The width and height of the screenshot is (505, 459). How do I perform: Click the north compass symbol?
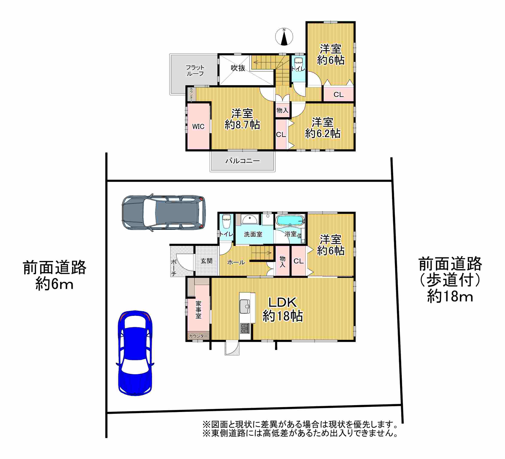coord(284,36)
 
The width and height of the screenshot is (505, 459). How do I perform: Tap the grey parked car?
coord(164,213)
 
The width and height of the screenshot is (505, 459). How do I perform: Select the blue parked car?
coord(135,353)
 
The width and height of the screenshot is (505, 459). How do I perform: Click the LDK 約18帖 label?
coord(283,309)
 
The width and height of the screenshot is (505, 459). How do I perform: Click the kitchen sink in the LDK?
coord(245,306)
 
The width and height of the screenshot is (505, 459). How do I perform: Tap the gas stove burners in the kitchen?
coord(245,328)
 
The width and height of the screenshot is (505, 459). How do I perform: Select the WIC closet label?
coord(198,127)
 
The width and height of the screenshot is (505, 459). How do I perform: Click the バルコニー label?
coord(243,161)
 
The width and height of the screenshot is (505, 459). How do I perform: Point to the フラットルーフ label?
coord(195,71)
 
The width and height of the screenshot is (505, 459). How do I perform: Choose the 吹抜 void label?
coord(238,68)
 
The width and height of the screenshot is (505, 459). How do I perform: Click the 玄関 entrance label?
coord(206,261)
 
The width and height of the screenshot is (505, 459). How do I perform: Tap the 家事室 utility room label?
coord(198,310)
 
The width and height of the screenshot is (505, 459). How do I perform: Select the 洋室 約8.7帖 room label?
coord(242,119)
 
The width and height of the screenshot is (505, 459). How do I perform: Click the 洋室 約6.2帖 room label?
coord(323,128)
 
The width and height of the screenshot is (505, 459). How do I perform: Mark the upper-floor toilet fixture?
coord(298,64)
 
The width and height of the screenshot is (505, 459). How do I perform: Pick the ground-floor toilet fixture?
coord(226,221)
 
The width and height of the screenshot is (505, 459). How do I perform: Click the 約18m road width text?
coord(450,297)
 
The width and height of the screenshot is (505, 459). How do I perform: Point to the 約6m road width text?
coord(54,284)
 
